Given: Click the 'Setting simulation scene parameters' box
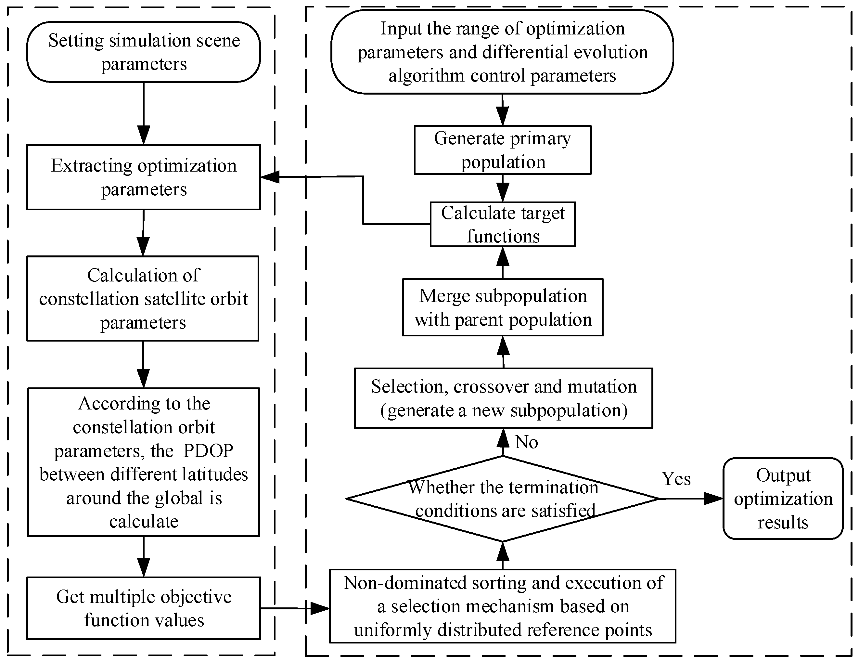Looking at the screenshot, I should tap(144, 52).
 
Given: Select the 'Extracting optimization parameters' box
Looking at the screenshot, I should tap(144, 177).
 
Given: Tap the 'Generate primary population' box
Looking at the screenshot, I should tap(502, 150).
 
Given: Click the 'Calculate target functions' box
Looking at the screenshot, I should tap(502, 225).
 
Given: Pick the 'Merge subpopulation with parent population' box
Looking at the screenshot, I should tap(502, 307).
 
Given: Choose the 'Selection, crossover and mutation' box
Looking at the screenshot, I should tap(504, 398).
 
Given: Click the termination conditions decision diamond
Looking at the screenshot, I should tap(503, 499).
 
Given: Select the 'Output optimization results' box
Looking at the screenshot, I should tap(783, 498).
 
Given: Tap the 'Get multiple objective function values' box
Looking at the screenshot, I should tap(144, 608).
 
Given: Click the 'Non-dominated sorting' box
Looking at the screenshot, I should tap(502, 606).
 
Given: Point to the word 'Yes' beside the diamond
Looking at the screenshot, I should tap(676, 479).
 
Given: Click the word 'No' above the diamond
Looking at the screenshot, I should tap(526, 442).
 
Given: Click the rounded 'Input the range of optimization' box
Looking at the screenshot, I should tap(502, 52).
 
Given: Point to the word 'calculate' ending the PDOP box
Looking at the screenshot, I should tap(144, 522).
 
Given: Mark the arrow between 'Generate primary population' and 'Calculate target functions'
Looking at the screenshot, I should tap(503, 188).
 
